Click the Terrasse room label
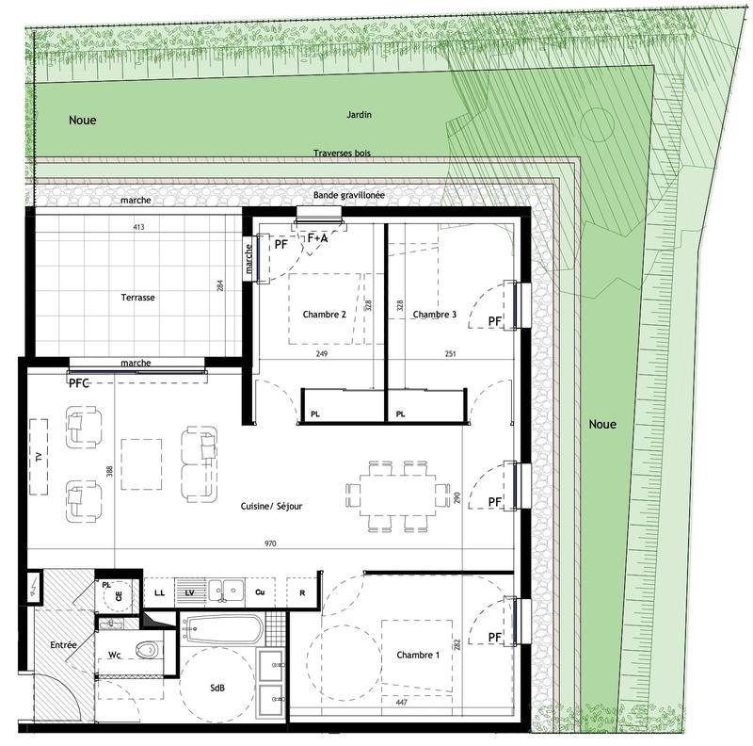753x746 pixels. (137, 297)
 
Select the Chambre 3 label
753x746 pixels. (435, 315)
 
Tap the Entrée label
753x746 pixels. (63, 645)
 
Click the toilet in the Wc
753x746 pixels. (146, 649)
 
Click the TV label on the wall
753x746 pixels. (38, 457)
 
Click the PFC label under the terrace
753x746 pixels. (81, 383)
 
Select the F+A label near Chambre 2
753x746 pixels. (318, 239)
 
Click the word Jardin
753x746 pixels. (359, 115)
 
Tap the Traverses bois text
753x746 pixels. (343, 153)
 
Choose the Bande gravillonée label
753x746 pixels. (349, 195)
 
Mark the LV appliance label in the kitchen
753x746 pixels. (189, 592)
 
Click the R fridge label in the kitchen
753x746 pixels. (301, 592)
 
